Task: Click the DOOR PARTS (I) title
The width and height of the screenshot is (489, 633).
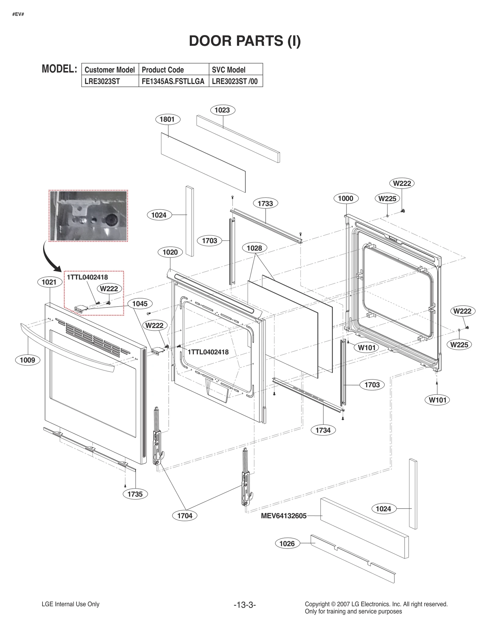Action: tap(245, 41)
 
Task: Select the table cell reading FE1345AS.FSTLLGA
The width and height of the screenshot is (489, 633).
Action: tap(173, 81)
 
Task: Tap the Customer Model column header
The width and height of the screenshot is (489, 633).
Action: tap(110, 70)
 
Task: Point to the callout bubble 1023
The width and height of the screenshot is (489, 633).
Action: tap(222, 110)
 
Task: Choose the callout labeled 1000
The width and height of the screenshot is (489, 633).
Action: tap(346, 198)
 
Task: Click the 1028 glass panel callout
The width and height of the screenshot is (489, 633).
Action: tap(254, 248)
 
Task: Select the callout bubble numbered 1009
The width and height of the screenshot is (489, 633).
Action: tap(28, 360)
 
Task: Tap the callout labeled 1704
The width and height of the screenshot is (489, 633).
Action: tap(185, 516)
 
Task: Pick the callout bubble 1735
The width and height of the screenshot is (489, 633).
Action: tap(135, 494)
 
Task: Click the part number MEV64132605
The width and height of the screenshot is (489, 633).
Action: tap(284, 516)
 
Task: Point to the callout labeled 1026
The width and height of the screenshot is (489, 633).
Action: tap(287, 543)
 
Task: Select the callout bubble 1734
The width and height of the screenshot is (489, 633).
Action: tap(323, 430)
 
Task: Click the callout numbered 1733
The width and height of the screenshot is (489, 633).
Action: tap(265, 203)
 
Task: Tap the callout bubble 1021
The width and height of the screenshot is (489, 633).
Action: tap(49, 282)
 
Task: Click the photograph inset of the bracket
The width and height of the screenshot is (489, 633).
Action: tap(88, 216)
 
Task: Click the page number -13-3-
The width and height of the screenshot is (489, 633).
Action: tap(244, 605)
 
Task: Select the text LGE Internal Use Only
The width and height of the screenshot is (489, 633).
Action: tap(71, 604)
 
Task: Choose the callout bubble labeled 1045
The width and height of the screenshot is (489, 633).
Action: tap(140, 304)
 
